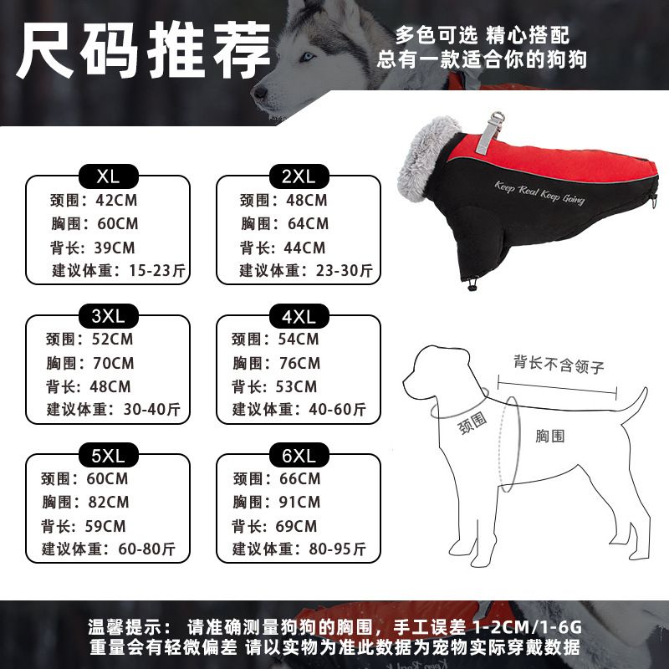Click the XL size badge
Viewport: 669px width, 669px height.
click(109, 176)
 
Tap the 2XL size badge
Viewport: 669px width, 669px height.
click(299, 176)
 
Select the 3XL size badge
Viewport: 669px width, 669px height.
click(109, 316)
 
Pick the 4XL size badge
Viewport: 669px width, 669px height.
click(299, 316)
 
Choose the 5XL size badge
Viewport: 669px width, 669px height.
click(109, 455)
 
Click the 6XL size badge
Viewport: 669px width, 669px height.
click(299, 455)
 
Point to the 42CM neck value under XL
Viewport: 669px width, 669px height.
click(116, 200)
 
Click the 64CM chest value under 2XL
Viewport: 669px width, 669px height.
click(308, 223)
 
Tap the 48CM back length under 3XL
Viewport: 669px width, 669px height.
click(110, 386)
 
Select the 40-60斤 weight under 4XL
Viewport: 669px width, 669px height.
click(338, 410)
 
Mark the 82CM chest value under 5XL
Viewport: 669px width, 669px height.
click(109, 503)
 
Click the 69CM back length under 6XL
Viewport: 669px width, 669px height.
click(296, 526)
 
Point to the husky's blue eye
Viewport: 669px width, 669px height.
click(306, 56)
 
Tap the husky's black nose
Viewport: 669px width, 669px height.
click(260, 92)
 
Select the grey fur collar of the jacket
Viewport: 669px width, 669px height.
click(426, 159)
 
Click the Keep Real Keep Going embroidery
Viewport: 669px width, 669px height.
click(539, 193)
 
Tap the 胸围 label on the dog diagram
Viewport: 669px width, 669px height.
click(550, 436)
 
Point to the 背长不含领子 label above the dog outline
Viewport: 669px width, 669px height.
click(559, 365)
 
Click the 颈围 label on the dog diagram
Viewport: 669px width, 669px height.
click(472, 423)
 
